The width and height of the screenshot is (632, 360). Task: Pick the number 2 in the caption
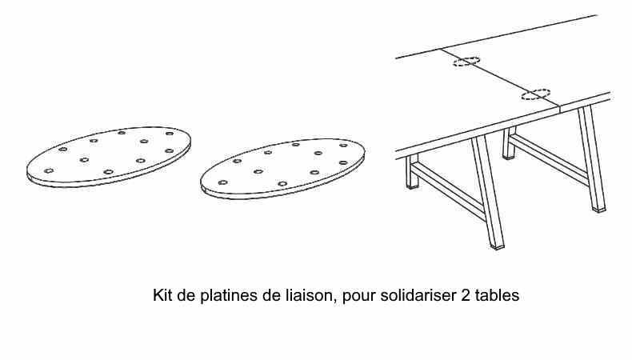tap(466, 296)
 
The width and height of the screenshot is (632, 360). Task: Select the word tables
tap(498, 296)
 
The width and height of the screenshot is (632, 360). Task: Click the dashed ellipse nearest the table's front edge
tap(536, 95)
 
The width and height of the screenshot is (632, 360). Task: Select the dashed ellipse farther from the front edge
tap(466, 62)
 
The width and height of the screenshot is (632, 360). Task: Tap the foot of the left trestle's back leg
tap(412, 185)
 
